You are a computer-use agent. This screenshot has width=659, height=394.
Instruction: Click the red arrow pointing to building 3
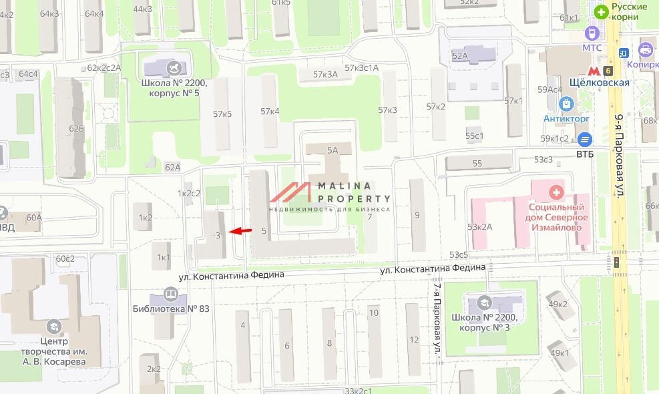[x=241, y=231]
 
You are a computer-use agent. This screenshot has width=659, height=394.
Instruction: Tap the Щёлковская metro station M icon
[x=592, y=69]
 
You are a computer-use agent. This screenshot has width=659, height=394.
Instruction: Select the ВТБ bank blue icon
[x=585, y=140]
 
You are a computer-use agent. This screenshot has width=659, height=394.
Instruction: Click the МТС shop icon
[x=592, y=33]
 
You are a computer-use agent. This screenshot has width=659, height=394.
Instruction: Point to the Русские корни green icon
[x=602, y=11]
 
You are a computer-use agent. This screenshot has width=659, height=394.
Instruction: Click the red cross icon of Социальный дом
[x=555, y=193]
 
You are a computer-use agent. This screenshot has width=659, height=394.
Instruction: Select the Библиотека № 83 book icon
[x=171, y=294]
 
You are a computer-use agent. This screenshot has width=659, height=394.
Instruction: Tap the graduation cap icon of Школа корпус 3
[x=484, y=302]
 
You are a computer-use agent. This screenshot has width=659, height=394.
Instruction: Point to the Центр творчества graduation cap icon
[x=53, y=327]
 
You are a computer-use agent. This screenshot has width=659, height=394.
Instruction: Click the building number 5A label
[x=333, y=151]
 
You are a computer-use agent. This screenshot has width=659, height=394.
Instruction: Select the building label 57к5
[x=222, y=114]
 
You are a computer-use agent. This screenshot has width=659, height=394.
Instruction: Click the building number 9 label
[x=417, y=215]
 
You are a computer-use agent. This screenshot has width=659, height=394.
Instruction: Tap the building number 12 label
[x=414, y=340]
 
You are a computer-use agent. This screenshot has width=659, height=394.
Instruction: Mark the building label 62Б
[x=76, y=129]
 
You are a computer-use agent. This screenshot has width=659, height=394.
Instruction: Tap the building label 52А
[x=459, y=56]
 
